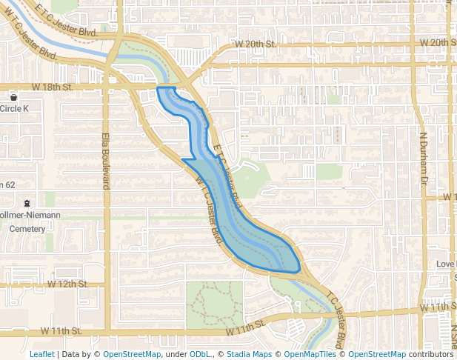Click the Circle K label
tap(14, 108)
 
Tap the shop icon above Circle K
tap(13, 97)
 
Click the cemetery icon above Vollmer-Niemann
tap(27, 203)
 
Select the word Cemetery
tap(27, 229)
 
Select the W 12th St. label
tap(67, 284)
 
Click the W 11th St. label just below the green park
tap(245, 325)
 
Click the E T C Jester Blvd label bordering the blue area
tap(227, 175)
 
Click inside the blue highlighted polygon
tap(244, 222)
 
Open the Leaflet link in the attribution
tap(41, 354)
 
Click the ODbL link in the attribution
tap(199, 354)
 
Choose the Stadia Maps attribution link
tap(249, 354)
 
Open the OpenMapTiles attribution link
tap(310, 354)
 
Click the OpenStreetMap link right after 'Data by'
tap(131, 354)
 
